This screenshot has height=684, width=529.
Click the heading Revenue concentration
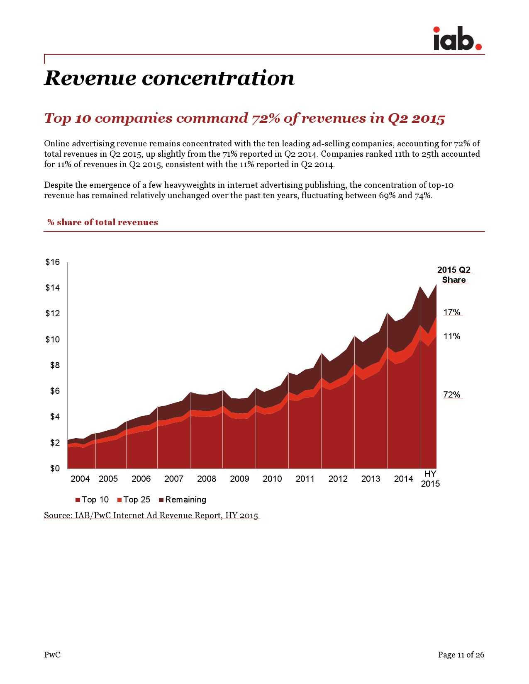pyautogui.click(x=169, y=78)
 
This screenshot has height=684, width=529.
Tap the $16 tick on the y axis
pyautogui.click(x=53, y=262)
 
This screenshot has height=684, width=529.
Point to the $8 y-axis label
pyautogui.click(x=55, y=365)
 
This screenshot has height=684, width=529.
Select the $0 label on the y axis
pyautogui.click(x=55, y=468)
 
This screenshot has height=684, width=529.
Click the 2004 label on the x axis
pyautogui.click(x=80, y=479)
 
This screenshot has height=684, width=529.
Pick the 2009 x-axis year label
pyautogui.click(x=239, y=479)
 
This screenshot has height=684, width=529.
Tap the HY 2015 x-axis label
pyautogui.click(x=430, y=479)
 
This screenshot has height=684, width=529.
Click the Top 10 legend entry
pyautogui.click(x=92, y=500)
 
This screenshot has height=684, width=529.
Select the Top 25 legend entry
pyautogui.click(x=134, y=500)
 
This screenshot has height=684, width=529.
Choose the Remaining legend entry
pyautogui.click(x=183, y=500)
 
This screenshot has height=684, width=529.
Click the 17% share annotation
pyautogui.click(x=452, y=312)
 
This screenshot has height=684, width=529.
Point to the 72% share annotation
pyautogui.click(x=452, y=395)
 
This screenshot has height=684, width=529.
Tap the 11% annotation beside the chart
pyautogui.click(x=452, y=336)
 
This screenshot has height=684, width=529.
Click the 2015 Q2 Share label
pyautogui.click(x=454, y=275)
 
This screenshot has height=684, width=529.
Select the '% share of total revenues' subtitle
pyautogui.click(x=102, y=222)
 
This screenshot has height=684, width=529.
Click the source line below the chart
pyautogui.click(x=151, y=515)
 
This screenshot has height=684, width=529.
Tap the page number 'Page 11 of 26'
pyautogui.click(x=461, y=655)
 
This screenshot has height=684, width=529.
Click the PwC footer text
pyautogui.click(x=52, y=655)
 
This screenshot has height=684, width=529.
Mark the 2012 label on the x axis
pyautogui.click(x=338, y=479)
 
